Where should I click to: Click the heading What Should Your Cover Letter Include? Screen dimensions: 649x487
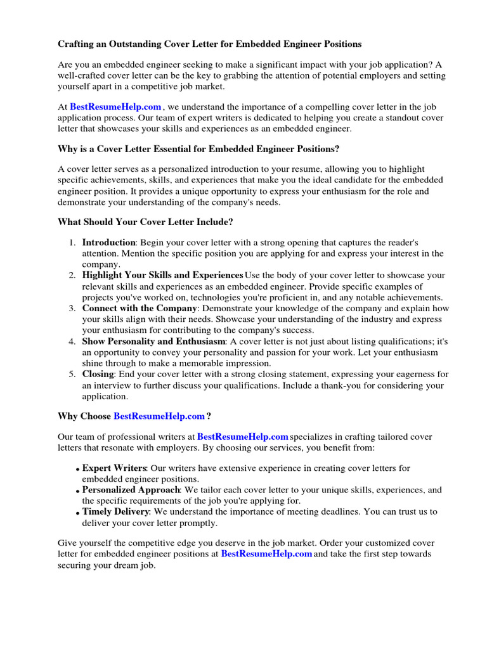(146, 222)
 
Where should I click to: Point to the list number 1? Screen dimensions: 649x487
(72, 243)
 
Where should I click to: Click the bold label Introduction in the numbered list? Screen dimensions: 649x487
(108, 243)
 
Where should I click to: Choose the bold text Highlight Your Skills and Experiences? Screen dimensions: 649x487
(162, 275)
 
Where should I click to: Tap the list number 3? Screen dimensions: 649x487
(72, 308)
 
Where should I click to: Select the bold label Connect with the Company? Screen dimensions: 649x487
(138, 308)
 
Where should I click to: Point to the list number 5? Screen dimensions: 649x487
(72, 374)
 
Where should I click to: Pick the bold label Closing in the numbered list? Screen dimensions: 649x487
(98, 374)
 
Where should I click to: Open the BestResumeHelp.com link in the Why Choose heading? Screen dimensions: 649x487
(159, 416)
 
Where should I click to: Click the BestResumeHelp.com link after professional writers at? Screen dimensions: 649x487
(243, 437)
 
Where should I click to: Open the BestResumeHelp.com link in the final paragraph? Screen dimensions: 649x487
(266, 553)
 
